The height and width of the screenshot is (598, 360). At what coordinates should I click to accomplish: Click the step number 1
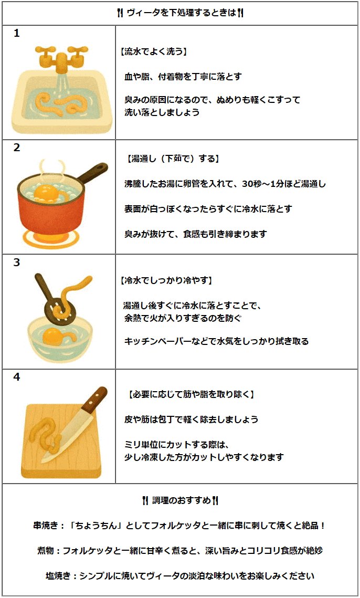[16, 34]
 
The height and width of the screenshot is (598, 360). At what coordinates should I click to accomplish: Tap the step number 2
[16, 148]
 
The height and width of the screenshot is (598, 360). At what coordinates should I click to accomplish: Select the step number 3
[16, 263]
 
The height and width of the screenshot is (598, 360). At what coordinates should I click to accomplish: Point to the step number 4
[16, 377]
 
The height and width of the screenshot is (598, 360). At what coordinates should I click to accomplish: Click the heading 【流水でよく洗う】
[154, 51]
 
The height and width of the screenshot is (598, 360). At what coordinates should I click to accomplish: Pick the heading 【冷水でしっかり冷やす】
[166, 281]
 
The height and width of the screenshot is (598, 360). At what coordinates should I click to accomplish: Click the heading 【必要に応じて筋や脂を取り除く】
[190, 394]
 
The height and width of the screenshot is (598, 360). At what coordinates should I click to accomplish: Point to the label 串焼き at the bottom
[46, 526]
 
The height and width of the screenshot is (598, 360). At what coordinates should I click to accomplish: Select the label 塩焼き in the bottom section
[58, 576]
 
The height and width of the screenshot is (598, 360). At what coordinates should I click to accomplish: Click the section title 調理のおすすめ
[181, 500]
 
